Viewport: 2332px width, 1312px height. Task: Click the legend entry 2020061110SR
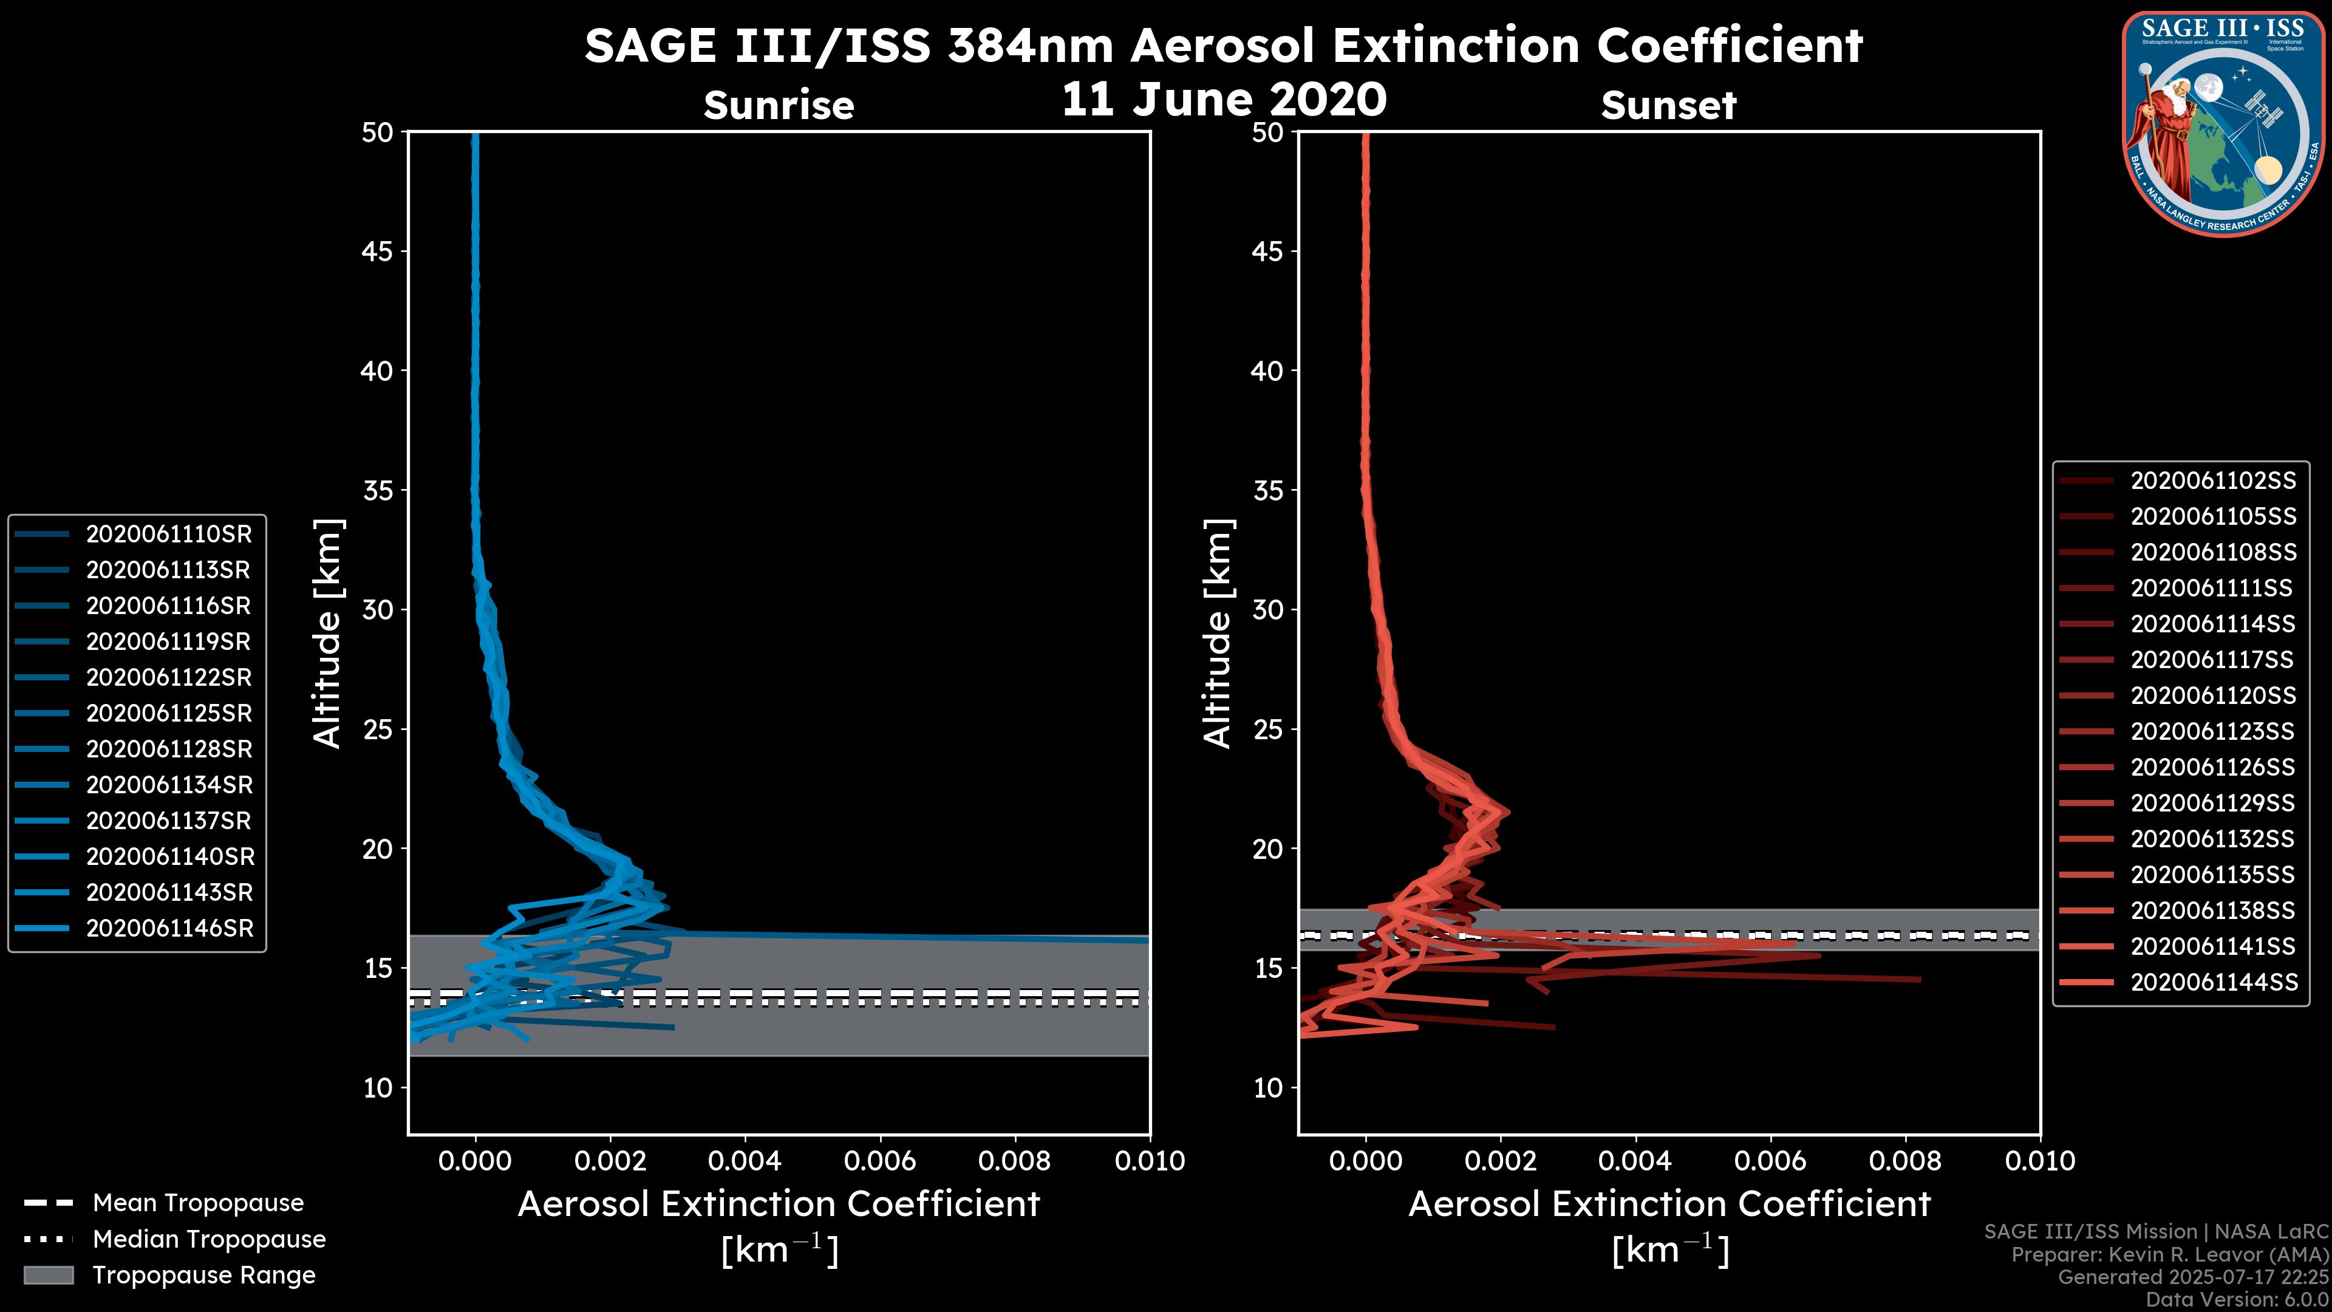point(168,535)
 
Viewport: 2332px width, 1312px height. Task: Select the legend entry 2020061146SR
point(168,928)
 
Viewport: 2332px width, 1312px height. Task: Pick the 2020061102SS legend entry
point(2212,481)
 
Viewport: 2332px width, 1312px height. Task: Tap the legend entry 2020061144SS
point(2212,982)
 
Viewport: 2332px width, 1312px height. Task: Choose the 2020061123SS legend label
point(2212,731)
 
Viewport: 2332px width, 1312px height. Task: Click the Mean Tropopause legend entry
point(197,1203)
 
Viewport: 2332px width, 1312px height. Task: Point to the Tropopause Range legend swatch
point(49,1275)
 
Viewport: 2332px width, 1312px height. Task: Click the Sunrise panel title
point(779,106)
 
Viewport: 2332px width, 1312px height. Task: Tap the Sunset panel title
point(1668,106)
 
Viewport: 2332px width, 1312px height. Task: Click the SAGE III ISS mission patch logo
point(2223,123)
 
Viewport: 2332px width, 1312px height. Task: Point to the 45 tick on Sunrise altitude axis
point(378,251)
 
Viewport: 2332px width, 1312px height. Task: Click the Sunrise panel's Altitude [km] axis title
point(328,634)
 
